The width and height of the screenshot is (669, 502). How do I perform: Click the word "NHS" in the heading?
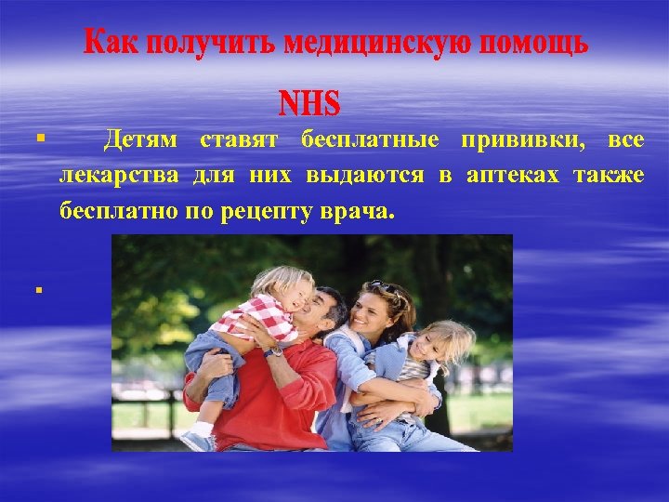pos(310,100)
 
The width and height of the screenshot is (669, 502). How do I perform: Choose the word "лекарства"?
pos(120,176)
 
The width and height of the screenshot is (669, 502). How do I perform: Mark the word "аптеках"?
pos(514,176)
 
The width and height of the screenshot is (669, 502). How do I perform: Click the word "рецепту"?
pos(270,211)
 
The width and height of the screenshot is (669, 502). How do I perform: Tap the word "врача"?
pos(358,211)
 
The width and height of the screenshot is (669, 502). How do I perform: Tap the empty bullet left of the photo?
pos(39,290)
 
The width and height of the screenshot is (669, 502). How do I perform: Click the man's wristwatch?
pos(274,350)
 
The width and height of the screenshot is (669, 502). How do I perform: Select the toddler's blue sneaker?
pos(197,439)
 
